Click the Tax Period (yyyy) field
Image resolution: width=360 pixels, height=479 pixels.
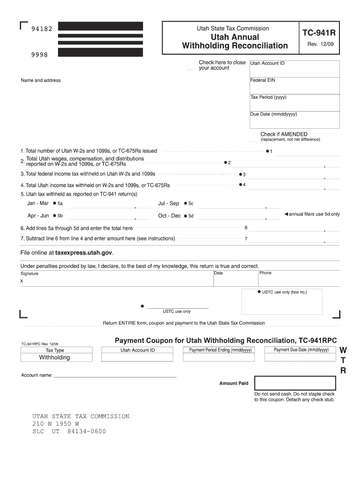(294, 102)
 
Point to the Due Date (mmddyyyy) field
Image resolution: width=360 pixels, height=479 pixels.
(294, 120)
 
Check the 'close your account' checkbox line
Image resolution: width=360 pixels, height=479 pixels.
(190, 70)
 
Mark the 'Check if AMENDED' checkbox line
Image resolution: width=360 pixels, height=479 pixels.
(253, 140)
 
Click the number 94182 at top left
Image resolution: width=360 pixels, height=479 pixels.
(42, 29)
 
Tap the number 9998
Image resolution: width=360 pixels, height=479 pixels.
(39, 54)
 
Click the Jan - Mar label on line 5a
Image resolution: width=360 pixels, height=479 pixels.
(38, 203)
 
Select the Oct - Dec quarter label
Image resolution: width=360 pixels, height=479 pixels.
(169, 216)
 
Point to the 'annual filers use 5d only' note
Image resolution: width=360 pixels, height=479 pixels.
(312, 214)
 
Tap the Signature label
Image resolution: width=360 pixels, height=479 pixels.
(29, 274)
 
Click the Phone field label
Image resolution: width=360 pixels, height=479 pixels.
(266, 273)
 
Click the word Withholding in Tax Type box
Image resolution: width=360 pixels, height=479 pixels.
(54, 357)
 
